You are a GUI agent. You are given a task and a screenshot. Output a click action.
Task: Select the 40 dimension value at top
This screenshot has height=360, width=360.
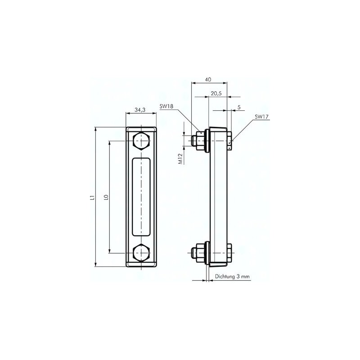tap(208, 79)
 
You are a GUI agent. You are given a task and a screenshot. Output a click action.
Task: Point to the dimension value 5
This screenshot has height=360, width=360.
tap(238, 107)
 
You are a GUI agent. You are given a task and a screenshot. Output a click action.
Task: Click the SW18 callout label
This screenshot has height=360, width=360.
tap(166, 107)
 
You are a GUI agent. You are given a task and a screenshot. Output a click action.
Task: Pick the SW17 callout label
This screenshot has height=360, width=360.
tap(261, 117)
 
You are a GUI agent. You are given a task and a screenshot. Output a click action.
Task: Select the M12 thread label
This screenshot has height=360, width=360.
tap(180, 158)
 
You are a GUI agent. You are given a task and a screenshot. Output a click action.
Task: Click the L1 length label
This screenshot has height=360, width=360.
tap(91, 197)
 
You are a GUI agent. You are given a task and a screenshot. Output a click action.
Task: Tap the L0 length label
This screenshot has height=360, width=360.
tap(105, 197)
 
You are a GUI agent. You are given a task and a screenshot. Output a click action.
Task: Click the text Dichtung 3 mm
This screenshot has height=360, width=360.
tap(232, 277)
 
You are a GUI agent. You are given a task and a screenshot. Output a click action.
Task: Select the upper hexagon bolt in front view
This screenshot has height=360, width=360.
tap(141, 141)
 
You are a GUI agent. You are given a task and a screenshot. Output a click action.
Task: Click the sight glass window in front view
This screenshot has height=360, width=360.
tap(141, 196)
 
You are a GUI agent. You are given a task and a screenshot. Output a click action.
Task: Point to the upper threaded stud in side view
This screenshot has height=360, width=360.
tap(196, 140)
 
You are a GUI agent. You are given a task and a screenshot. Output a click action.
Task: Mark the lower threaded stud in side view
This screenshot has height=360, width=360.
tap(196, 252)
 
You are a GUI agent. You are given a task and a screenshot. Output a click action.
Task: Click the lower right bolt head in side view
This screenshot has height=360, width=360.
tap(229, 252)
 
